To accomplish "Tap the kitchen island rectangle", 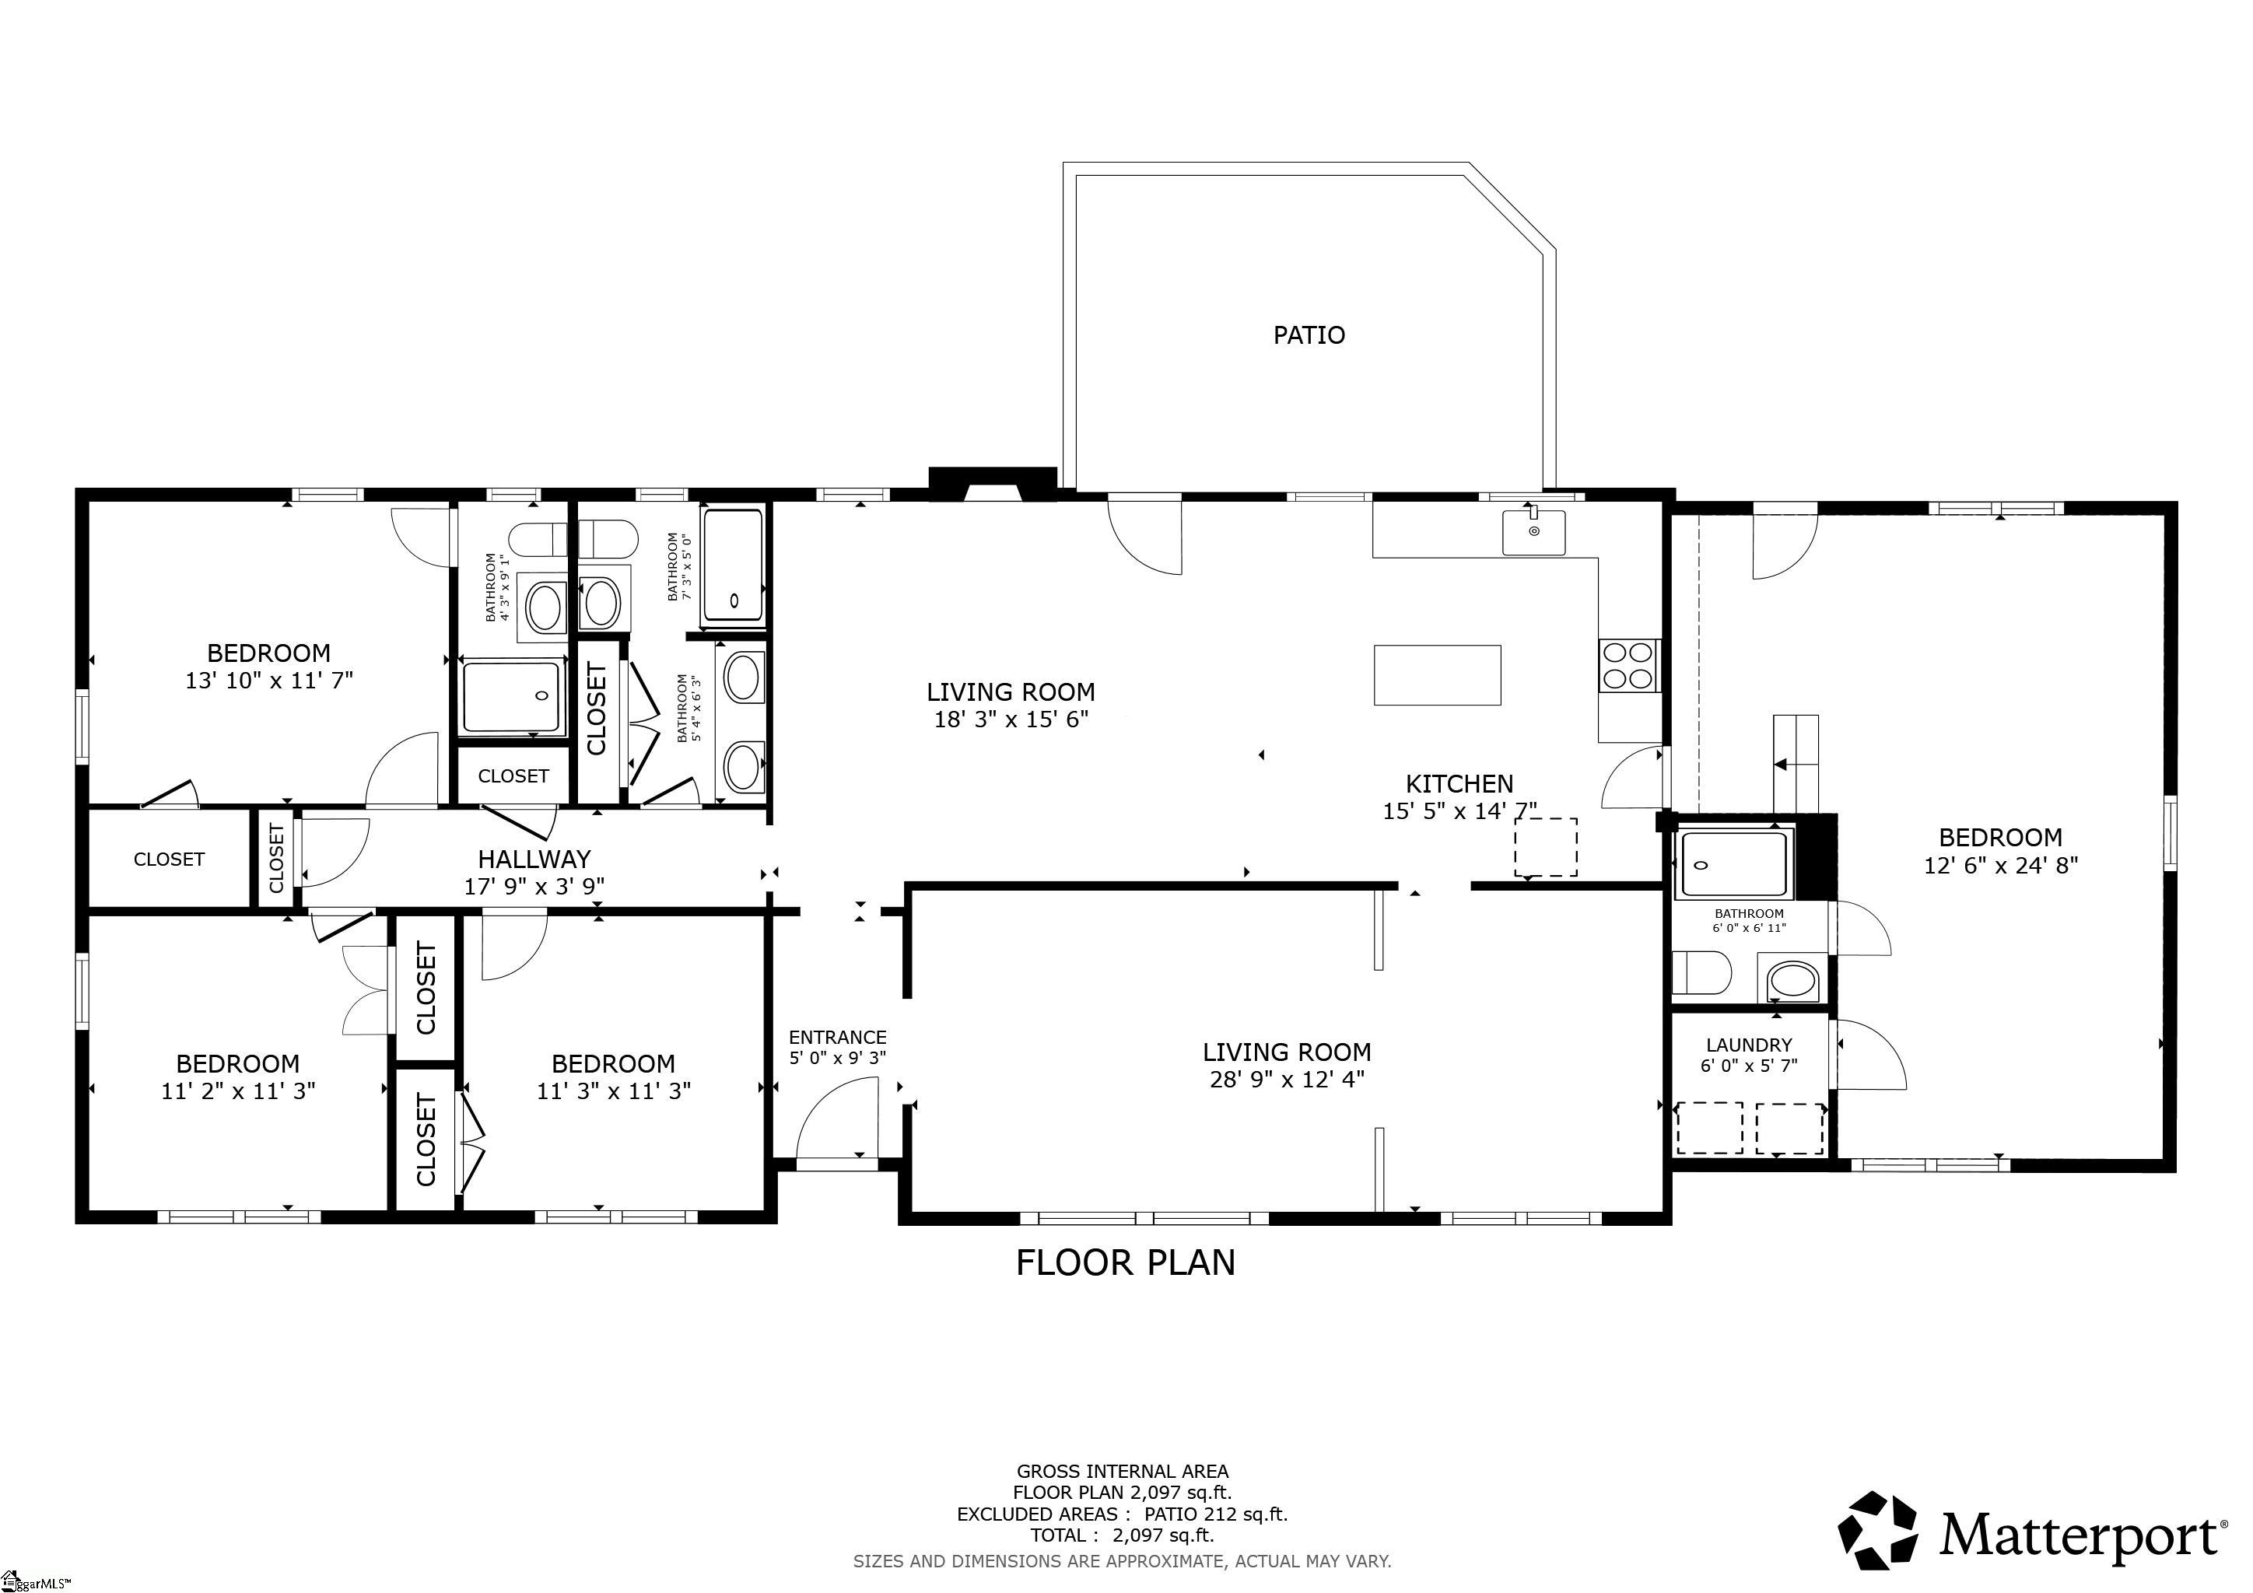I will click(1437, 675).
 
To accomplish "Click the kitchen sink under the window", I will click(1533, 533).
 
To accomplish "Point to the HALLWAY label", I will click(534, 860).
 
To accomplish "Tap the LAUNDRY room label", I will click(1749, 1045).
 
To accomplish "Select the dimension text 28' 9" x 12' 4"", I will click(1287, 1080).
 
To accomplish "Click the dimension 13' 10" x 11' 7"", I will click(269, 681).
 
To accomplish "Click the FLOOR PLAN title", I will click(1126, 1262).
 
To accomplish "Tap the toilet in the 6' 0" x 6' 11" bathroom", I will click(1700, 973).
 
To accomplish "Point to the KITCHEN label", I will click(1459, 784).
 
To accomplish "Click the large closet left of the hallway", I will click(169, 860).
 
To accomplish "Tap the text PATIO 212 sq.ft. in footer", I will click(1216, 1514).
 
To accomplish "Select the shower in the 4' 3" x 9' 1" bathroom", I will click(511, 696).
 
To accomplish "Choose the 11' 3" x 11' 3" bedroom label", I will click(613, 1064).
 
